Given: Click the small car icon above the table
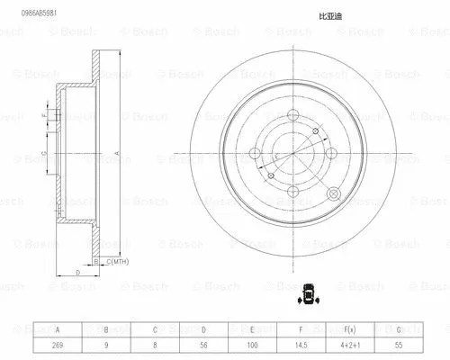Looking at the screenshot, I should pos(308,293).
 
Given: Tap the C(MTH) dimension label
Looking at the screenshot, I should pos(120,262).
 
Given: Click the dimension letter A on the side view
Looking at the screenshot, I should pos(117,153).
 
